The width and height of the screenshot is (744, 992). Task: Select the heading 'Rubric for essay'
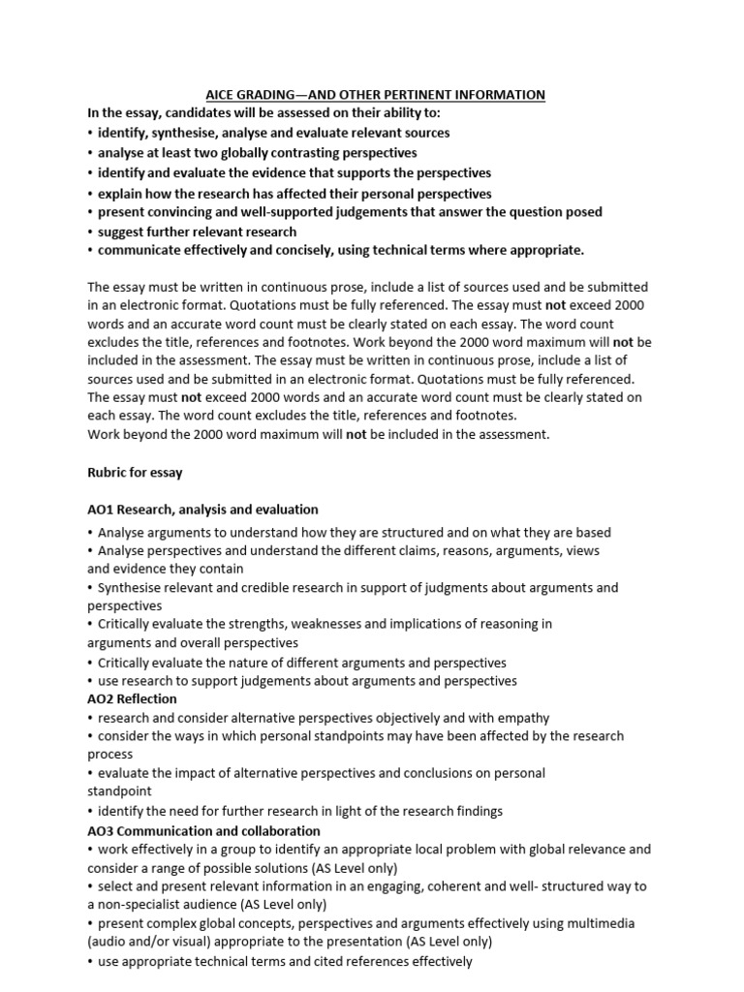[135, 473]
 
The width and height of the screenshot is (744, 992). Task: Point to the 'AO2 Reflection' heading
[133, 698]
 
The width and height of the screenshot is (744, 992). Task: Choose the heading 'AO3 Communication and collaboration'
[203, 831]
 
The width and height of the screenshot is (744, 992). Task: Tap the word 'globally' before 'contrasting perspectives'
[243, 153]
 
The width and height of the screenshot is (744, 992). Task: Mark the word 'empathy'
[523, 718]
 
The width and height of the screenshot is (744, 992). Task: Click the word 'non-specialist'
[142, 905]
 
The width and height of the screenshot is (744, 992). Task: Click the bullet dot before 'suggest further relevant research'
[90, 232]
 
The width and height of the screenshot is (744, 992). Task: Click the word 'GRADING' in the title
[257, 95]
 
